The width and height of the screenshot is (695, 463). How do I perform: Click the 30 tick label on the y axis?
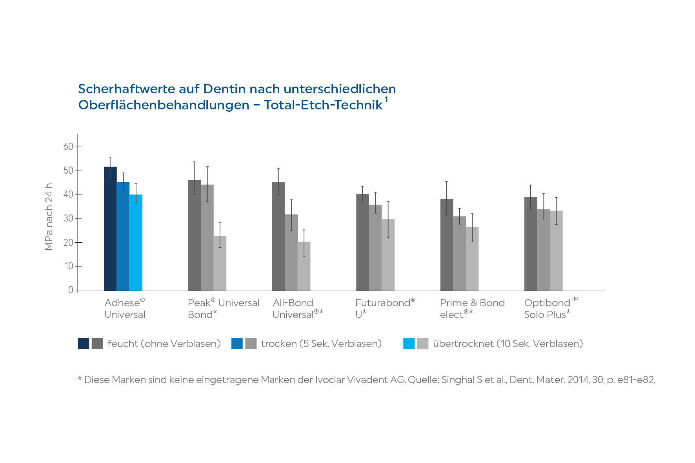click(x=68, y=218)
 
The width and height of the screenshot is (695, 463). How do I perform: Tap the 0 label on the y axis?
click(x=71, y=290)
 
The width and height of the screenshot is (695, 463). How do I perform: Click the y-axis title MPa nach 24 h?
click(x=49, y=216)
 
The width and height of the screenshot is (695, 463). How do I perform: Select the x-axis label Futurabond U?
click(x=385, y=308)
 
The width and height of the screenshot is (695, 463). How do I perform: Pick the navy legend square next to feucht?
click(x=84, y=343)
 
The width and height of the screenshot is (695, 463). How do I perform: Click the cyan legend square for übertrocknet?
click(x=409, y=343)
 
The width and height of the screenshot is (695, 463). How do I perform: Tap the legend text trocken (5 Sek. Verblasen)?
click(x=321, y=343)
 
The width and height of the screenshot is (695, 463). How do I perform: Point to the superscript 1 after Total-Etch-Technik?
click(x=386, y=100)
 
